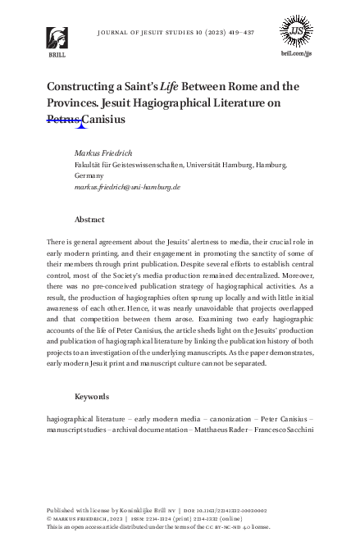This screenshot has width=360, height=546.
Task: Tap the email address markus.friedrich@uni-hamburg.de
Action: point(126,187)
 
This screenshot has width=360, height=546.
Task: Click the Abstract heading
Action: point(89,220)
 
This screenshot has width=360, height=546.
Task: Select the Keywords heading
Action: point(92,397)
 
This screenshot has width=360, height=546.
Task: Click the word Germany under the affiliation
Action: point(89,175)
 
